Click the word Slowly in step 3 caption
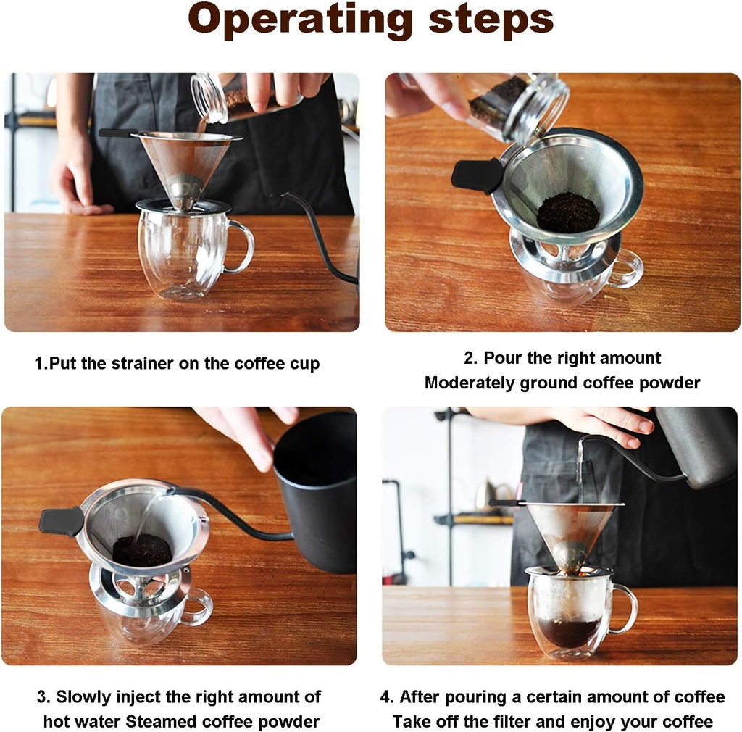(84, 697)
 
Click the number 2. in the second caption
(471, 358)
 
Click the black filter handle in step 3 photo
(62, 520)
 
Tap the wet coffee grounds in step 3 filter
(141, 551)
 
